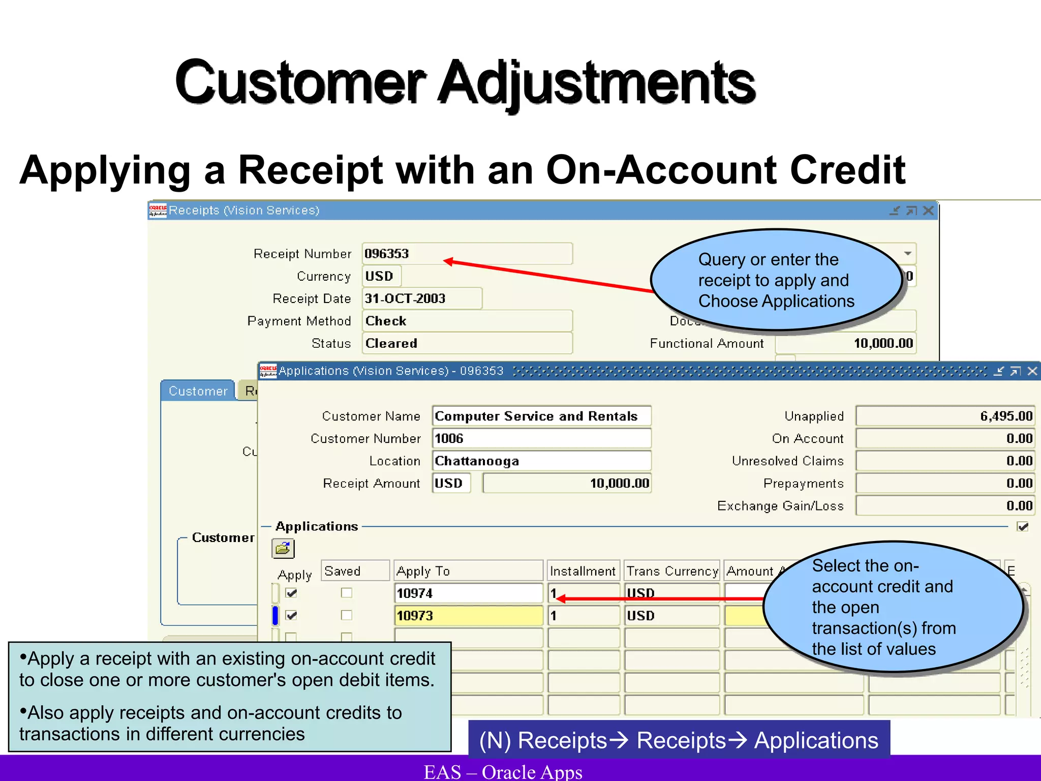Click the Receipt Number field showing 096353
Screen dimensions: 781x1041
[x=467, y=254]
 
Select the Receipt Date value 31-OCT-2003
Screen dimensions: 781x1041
[x=422, y=298]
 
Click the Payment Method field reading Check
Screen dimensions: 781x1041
[x=467, y=321]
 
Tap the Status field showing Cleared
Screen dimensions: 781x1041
[x=467, y=343]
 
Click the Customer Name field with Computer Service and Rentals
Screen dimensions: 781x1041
[x=541, y=416]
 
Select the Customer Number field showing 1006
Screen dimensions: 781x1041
[x=541, y=438]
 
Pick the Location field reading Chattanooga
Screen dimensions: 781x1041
[x=541, y=461]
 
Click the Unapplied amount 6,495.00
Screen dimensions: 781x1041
[x=945, y=416]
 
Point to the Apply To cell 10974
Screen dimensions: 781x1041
[x=468, y=593]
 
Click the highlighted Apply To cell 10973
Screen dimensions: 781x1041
[x=468, y=616]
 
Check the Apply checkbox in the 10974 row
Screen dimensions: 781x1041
[x=291, y=593]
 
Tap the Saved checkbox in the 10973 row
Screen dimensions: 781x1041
[x=347, y=615]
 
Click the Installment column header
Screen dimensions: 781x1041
[x=583, y=571]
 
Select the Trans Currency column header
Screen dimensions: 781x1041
[x=672, y=571]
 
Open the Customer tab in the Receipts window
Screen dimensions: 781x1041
[x=198, y=391]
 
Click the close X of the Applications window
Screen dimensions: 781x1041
[x=1032, y=371]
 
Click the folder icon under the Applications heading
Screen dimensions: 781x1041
[x=283, y=549]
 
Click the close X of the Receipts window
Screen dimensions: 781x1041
[x=928, y=211]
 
